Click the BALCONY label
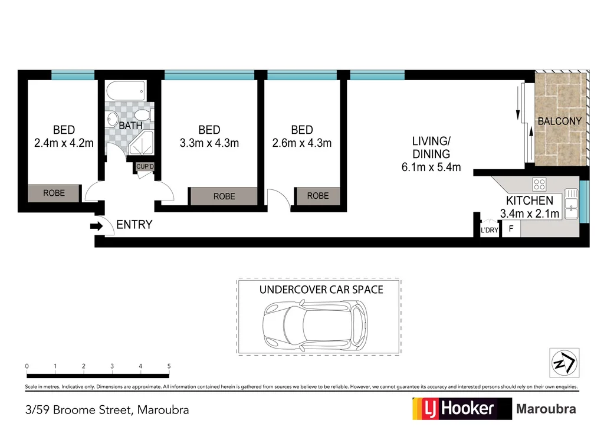click(559, 121)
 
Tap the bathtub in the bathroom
click(125, 91)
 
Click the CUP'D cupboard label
click(145, 167)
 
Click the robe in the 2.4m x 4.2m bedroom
click(54, 193)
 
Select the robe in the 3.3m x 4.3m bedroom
click(224, 196)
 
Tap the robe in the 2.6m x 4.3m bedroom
click(318, 195)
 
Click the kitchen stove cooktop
click(540, 183)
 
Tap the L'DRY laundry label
click(490, 230)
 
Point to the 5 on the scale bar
click(169, 366)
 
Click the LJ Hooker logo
click(454, 408)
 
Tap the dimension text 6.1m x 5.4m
click(431, 167)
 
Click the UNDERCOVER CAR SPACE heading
click(321, 290)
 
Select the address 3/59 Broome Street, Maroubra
click(107, 409)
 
